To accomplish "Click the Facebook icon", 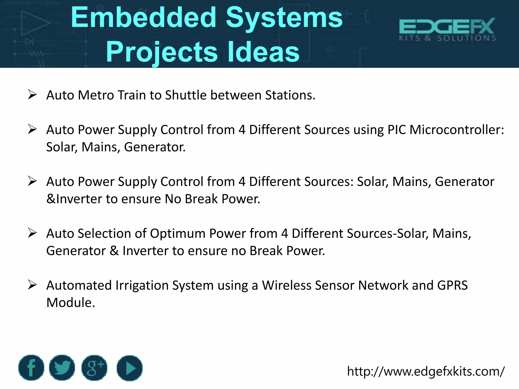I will point(31,368).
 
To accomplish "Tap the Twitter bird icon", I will point(62,368).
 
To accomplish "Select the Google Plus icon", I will point(94,368).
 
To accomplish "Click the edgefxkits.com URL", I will point(425,372).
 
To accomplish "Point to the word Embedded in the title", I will point(143,18).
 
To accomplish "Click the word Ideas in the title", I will point(264,52).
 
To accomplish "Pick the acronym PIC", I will point(397,130).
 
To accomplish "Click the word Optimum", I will point(178,234).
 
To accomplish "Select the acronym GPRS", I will point(452,285).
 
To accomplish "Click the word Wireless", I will point(287,285).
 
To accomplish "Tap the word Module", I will point(70,303).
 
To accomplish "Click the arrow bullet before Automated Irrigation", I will point(32,285).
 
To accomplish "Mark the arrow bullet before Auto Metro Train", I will point(32,95).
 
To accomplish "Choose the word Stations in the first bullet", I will point(290,95).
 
